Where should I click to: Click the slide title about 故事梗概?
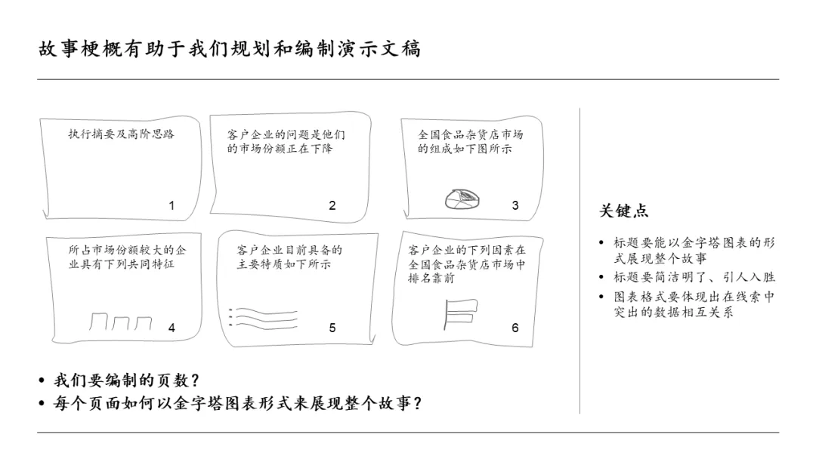230,49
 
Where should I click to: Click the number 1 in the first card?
172,205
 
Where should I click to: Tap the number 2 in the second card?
332,205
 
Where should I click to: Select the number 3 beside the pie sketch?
515,205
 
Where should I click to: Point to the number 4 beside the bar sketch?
172,328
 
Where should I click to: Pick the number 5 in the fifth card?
332,328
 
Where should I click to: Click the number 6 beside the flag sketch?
515,328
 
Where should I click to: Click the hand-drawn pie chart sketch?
463,198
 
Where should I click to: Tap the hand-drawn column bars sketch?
121,322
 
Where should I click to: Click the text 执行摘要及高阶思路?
121,134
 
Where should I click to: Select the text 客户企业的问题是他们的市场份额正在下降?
286,141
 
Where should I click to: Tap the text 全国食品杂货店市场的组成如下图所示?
470,141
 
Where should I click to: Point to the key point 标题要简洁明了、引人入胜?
694,277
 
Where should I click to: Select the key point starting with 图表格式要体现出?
694,304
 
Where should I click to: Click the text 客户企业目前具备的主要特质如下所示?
289,257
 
